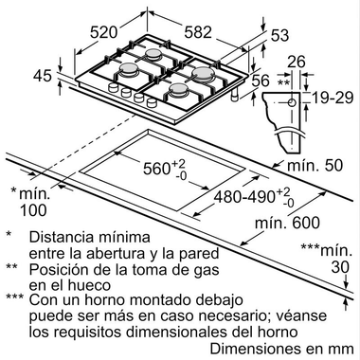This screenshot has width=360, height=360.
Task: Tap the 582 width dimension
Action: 198,31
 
